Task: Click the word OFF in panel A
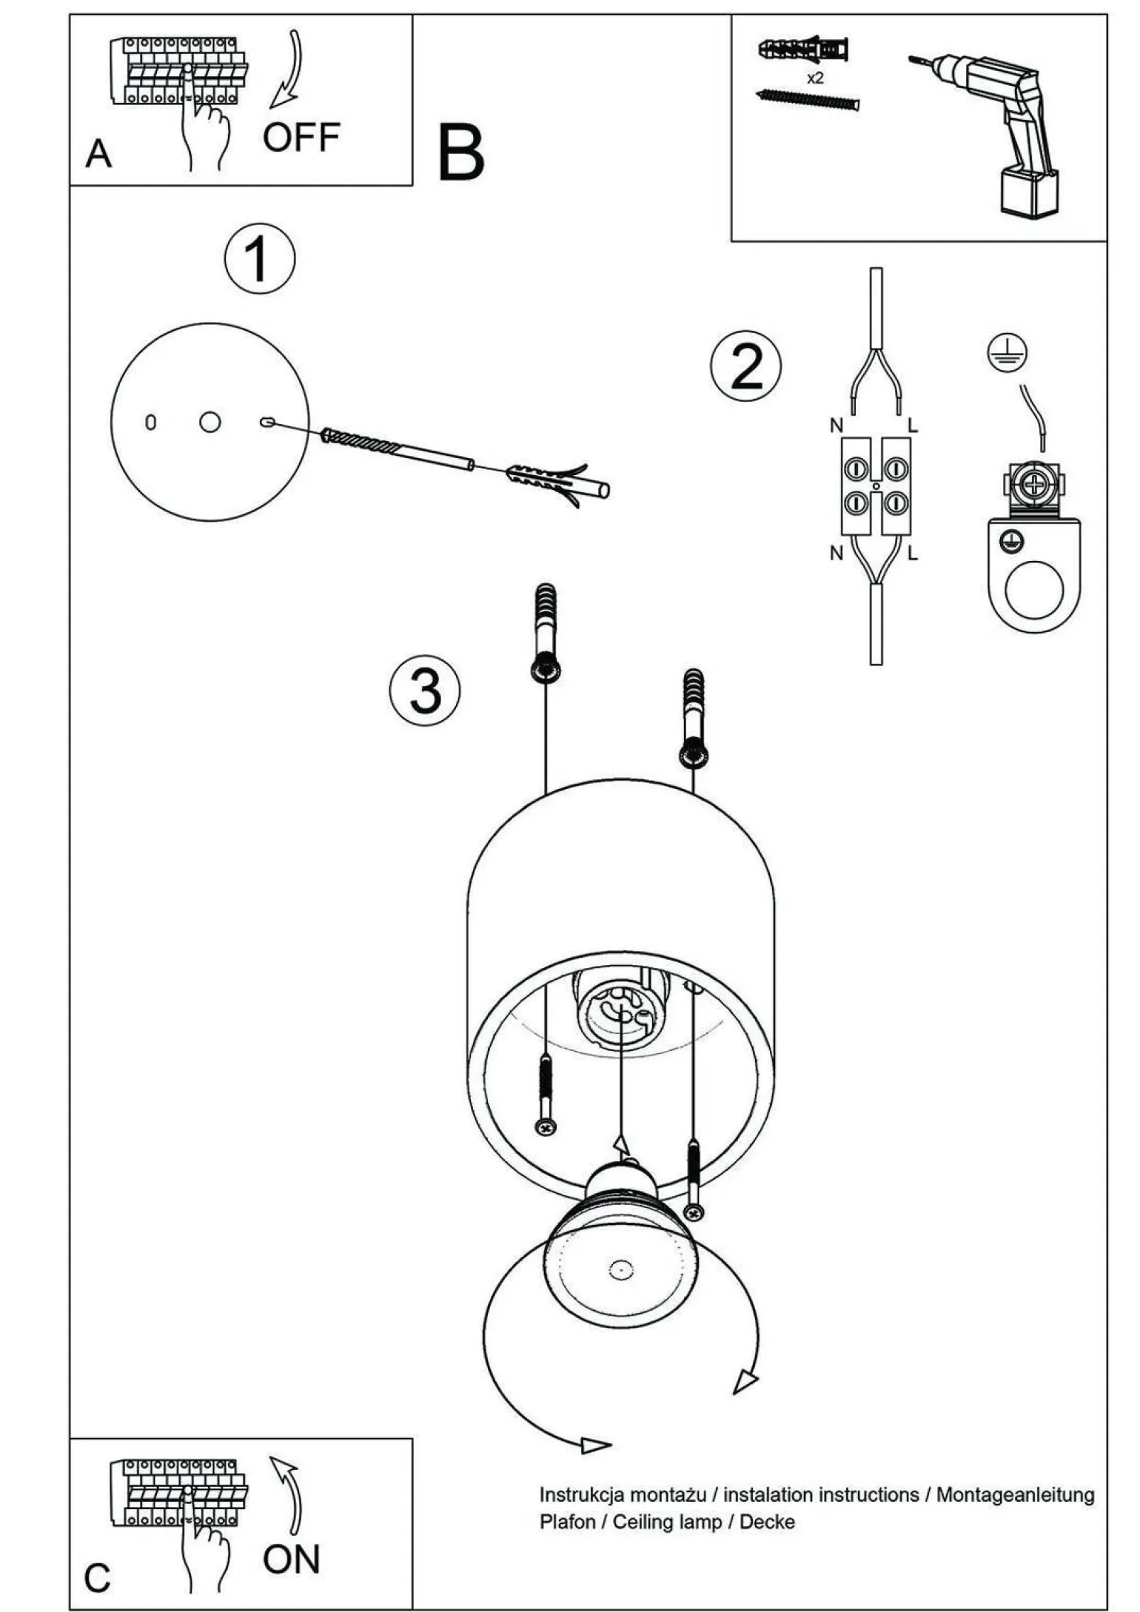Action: [301, 138]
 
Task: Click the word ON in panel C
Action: [291, 1559]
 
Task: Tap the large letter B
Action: [460, 153]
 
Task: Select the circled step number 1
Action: [260, 258]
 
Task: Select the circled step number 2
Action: [745, 366]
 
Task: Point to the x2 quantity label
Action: [814, 78]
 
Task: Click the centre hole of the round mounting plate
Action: [210, 422]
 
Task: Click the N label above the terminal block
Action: [836, 426]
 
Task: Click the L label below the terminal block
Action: [913, 553]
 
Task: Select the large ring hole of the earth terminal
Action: [1034, 590]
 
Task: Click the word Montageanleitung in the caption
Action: [1015, 1494]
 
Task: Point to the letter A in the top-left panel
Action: [98, 154]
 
